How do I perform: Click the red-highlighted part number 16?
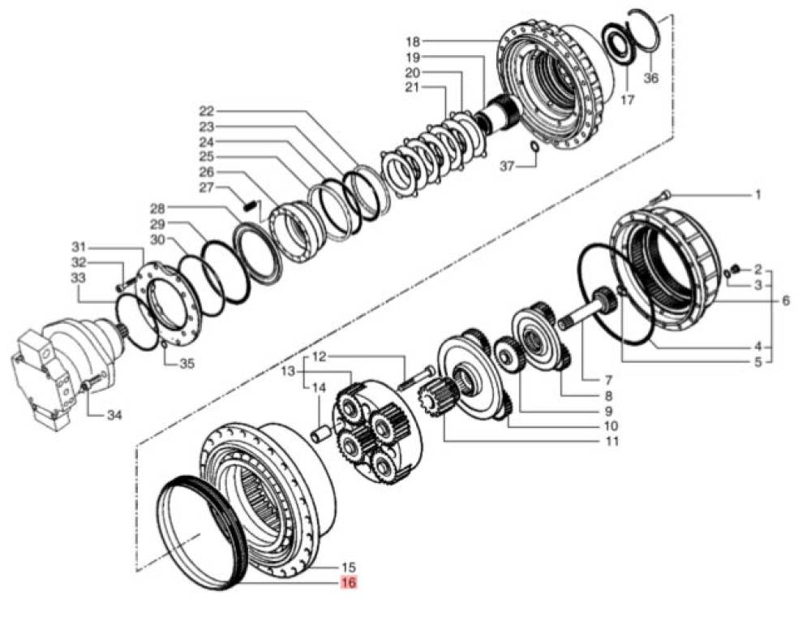pos(349,582)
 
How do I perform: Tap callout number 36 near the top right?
pos(651,78)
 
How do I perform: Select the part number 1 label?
pos(758,195)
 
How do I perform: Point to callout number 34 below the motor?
pos(114,414)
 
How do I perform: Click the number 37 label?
pos(508,166)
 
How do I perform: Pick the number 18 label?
pos(413,41)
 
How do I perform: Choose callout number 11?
pos(611,441)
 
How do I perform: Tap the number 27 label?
pos(207,188)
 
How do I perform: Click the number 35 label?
pos(187,364)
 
